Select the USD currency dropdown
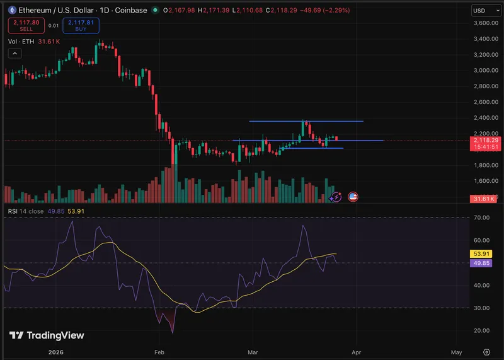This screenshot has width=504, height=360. (483, 11)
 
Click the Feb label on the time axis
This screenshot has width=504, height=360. (159, 352)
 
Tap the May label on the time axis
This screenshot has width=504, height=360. (457, 352)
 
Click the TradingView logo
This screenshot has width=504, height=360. (47, 335)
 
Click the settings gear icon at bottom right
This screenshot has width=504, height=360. (486, 352)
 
